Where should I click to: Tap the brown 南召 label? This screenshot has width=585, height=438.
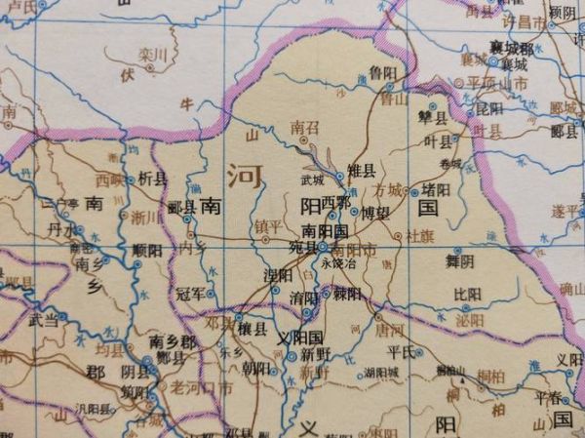[305, 127]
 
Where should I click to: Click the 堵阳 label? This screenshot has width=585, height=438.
[435, 188]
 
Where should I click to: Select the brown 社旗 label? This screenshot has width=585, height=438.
[419, 235]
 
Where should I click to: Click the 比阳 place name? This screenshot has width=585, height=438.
[467, 293]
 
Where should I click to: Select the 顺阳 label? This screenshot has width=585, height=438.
[145, 250]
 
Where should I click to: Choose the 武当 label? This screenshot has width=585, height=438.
[43, 319]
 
